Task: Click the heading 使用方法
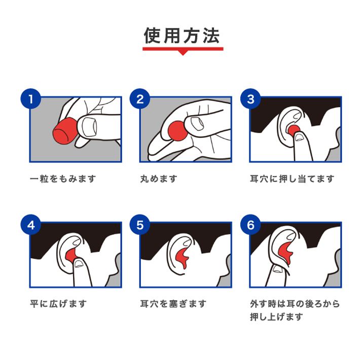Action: click(x=182, y=35)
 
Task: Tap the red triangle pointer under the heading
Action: click(x=183, y=53)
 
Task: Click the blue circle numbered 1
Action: click(x=31, y=99)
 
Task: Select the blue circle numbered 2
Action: click(x=140, y=99)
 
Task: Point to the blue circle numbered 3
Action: click(x=250, y=99)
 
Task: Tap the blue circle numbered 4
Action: click(x=31, y=225)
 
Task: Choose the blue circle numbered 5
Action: click(x=140, y=225)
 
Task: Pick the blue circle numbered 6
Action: click(x=250, y=225)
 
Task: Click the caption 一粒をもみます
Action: click(x=63, y=178)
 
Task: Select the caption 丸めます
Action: click(x=159, y=178)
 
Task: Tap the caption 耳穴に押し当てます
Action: click(x=292, y=178)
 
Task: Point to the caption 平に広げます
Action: click(x=58, y=304)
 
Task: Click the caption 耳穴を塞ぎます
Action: click(x=173, y=304)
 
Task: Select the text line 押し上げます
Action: click(x=276, y=317)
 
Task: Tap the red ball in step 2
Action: click(x=177, y=131)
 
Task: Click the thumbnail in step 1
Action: click(x=90, y=127)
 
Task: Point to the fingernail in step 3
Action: click(x=299, y=137)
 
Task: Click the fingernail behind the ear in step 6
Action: click(x=278, y=269)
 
